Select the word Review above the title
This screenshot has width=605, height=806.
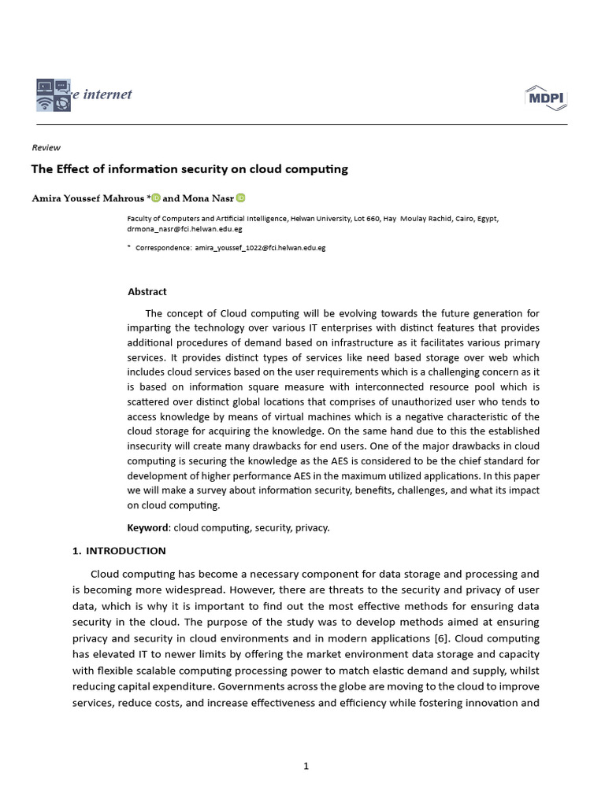46,147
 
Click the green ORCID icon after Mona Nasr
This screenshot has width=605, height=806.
240,198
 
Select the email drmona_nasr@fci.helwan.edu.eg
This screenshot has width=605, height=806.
184,229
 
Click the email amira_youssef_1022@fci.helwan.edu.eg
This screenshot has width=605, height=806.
260,248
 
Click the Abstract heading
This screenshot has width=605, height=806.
147,292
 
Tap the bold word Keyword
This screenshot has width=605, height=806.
148,527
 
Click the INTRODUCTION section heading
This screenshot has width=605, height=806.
125,551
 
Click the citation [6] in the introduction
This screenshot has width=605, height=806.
444,638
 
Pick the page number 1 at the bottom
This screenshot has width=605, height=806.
306,767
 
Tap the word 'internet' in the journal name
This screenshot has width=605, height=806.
107,95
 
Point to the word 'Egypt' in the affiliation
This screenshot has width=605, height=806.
486,219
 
